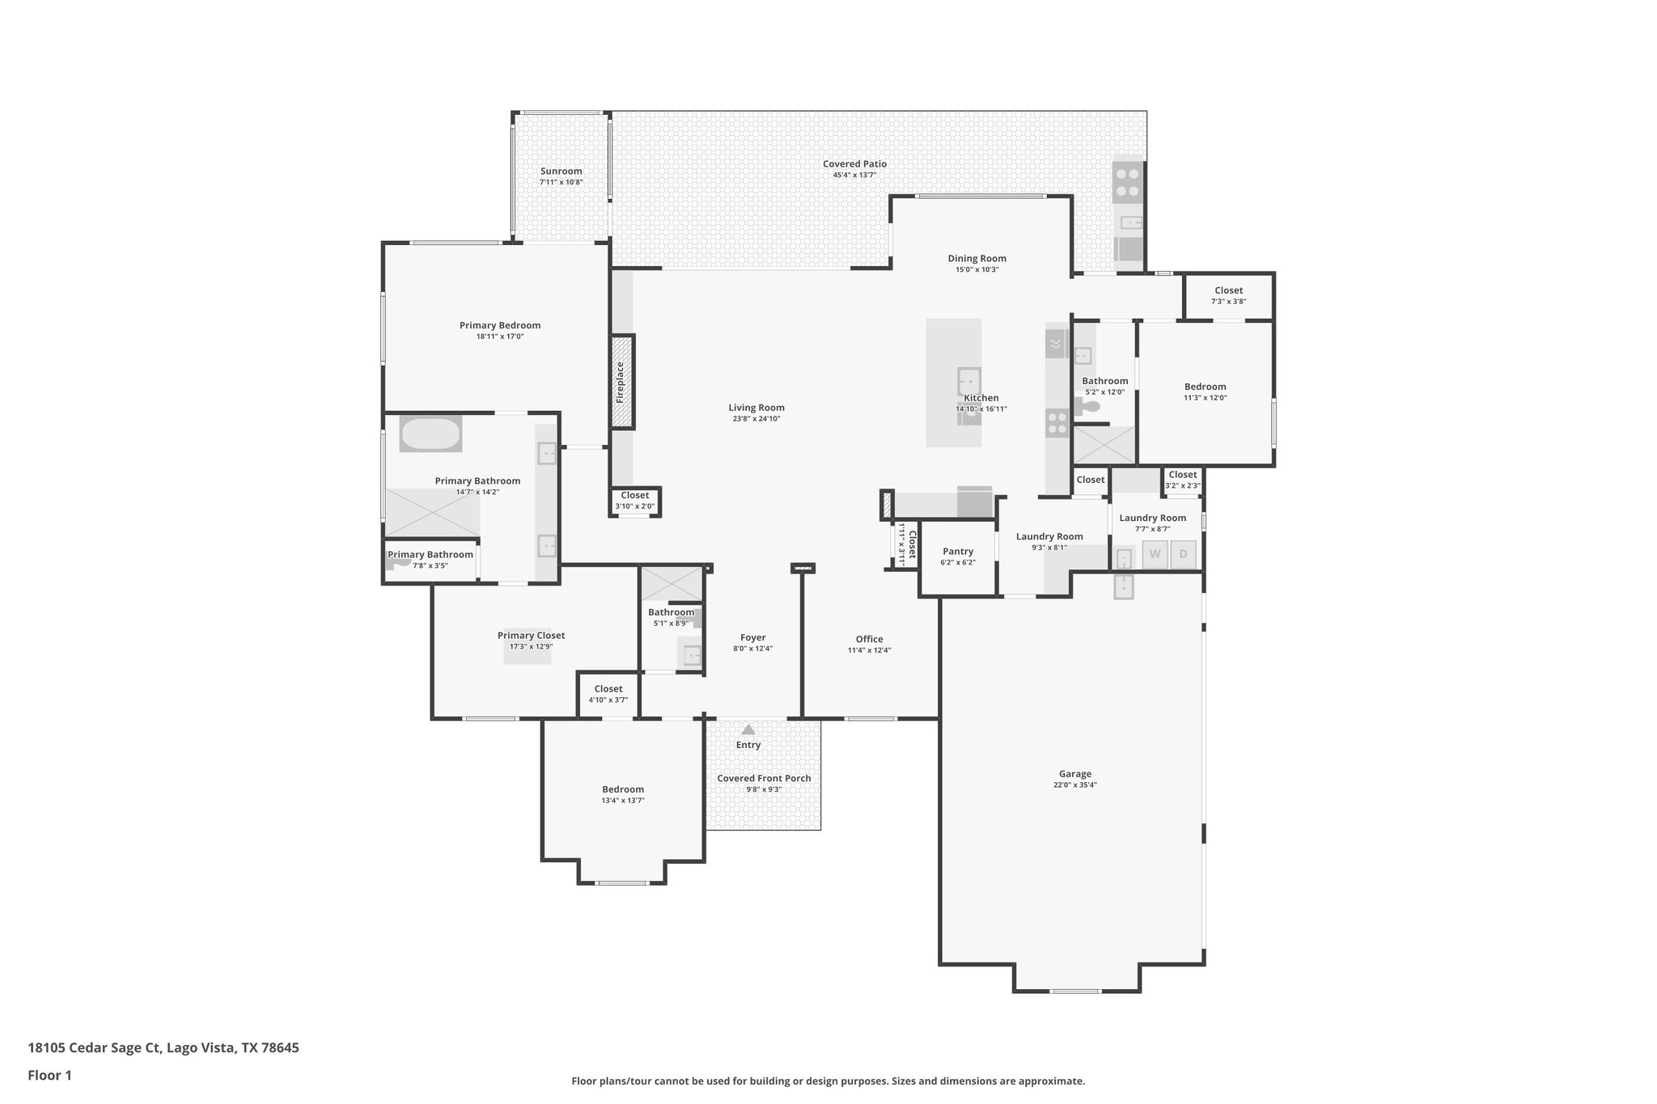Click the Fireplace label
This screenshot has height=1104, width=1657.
621,382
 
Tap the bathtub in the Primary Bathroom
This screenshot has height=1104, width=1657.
430,434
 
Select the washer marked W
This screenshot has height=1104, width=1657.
1155,555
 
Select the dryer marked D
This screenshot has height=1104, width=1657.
1183,555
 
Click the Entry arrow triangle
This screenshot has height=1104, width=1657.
748,729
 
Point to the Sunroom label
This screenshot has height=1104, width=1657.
561,171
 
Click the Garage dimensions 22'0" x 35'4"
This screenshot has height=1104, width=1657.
1074,785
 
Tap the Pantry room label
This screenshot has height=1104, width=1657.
958,552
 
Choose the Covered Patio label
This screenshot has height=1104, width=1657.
854,164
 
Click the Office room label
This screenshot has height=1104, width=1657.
869,639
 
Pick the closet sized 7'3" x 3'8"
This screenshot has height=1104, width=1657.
1228,295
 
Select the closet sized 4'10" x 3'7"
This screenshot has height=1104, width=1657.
608,694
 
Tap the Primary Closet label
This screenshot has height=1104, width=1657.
531,636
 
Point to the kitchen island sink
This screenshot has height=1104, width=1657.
968,379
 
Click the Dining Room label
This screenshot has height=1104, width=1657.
977,259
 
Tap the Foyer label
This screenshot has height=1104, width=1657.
752,637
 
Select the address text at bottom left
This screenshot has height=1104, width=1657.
163,1048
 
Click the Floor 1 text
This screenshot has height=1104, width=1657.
50,1075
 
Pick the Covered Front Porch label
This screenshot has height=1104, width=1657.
764,778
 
